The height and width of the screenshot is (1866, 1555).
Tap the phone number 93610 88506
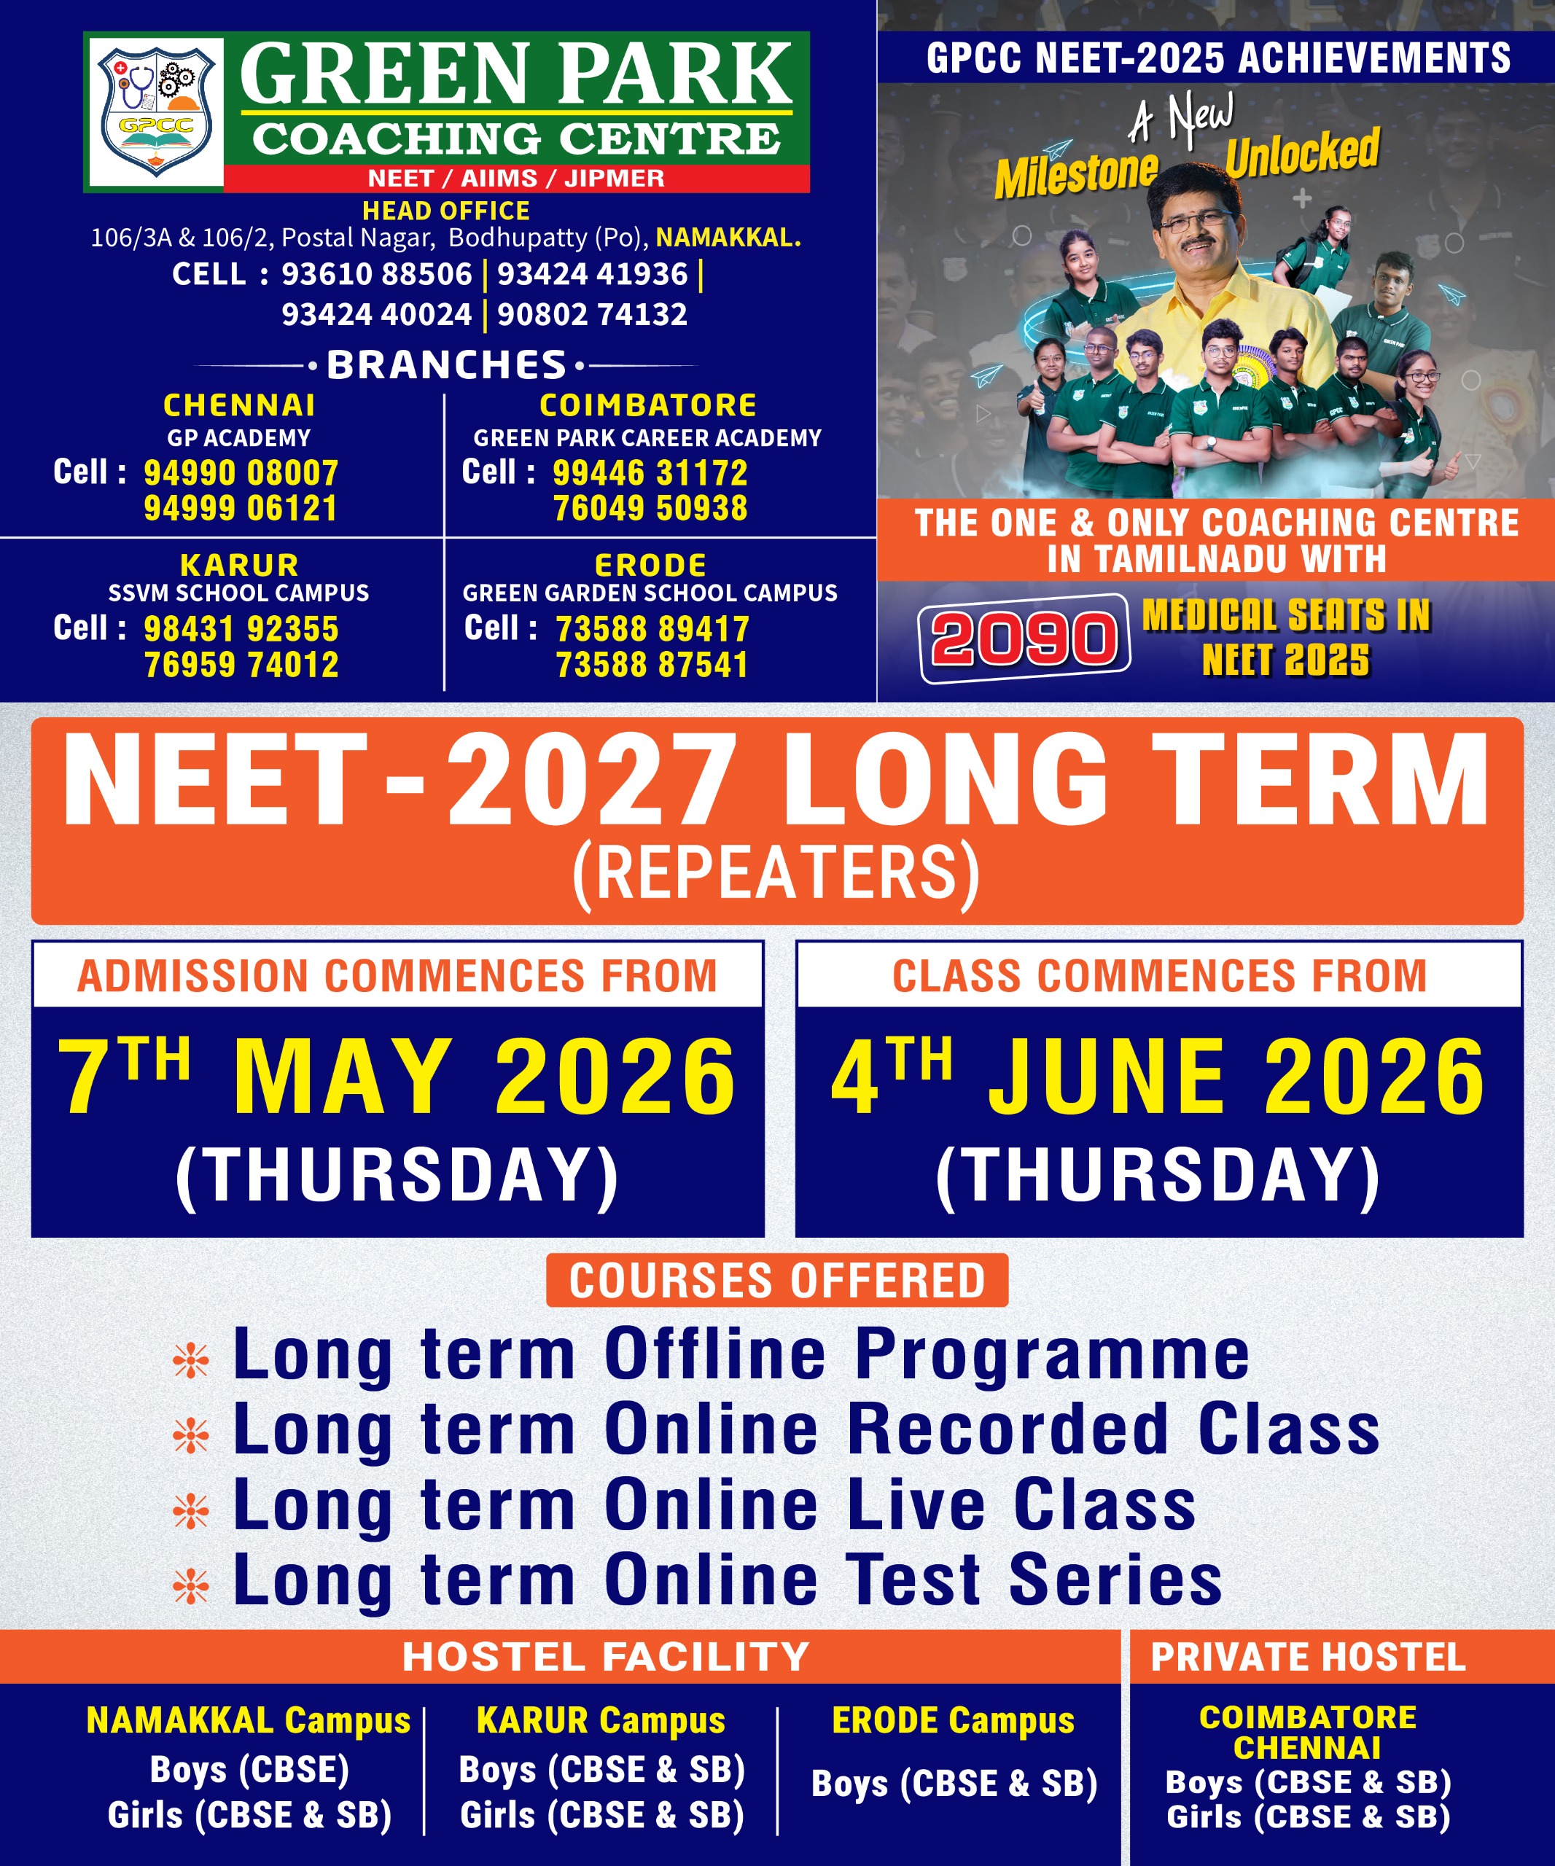(377, 273)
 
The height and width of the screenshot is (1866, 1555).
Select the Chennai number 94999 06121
(241, 508)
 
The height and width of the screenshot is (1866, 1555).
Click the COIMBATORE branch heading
(648, 405)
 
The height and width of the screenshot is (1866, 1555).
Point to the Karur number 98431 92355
(241, 629)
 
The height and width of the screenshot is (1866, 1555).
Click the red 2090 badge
(1024, 638)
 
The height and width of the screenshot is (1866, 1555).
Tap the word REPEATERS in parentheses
(776, 873)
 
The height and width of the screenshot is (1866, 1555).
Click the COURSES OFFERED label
(776, 1281)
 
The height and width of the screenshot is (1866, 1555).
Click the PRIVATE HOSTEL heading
(1308, 1658)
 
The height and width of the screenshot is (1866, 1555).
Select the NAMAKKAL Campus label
(249, 1721)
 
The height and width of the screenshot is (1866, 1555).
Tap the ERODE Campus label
(954, 1721)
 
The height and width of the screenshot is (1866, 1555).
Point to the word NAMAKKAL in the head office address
(728, 238)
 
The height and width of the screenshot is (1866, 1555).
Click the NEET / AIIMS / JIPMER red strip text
(516, 179)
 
